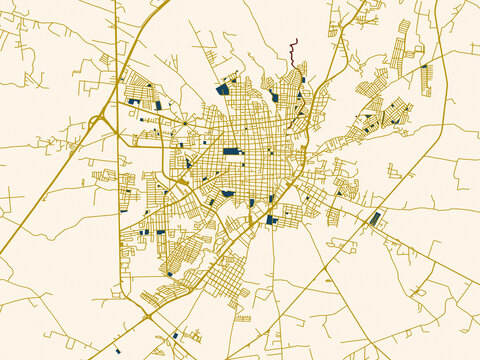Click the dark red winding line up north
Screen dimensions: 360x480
point(293,55)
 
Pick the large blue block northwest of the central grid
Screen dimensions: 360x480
point(222,89)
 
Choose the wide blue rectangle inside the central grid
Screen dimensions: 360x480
point(233,151)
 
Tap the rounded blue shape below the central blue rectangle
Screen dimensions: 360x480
point(228,193)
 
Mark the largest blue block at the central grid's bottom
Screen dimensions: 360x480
point(271,219)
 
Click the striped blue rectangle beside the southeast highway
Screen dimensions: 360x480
point(374,218)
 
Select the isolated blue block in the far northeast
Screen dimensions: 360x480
point(424,67)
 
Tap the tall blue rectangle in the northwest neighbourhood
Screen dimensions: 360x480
point(158,104)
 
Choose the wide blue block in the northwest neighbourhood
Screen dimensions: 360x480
point(133,102)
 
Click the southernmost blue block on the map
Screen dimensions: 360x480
point(117,351)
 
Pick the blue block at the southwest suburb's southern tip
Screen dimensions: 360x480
point(170,273)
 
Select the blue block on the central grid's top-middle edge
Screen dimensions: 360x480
point(273,97)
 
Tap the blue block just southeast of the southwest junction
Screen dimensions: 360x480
point(175,335)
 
